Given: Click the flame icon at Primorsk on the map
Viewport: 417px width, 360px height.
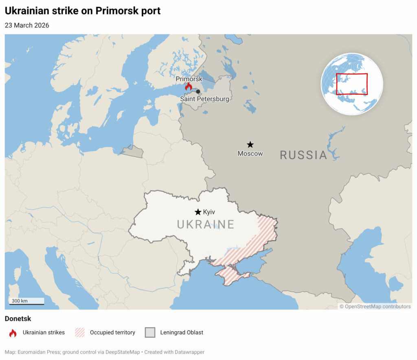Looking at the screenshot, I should (188, 87).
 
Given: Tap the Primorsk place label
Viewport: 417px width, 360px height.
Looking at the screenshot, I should (189, 79).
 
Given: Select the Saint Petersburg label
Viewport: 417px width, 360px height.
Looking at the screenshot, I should (204, 99).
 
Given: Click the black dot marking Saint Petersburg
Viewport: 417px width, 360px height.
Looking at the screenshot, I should (198, 92).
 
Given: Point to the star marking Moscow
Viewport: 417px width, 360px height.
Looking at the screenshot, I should (250, 145).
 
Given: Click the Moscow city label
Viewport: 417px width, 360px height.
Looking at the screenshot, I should (250, 154).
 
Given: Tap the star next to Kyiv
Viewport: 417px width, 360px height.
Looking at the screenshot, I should (198, 212).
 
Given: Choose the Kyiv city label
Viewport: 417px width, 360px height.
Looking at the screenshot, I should (209, 212).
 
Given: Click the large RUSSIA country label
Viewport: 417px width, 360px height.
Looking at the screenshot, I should (303, 155).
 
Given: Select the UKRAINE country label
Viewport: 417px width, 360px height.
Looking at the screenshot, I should (206, 224).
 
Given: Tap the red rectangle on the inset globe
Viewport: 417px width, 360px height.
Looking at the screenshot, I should (352, 84).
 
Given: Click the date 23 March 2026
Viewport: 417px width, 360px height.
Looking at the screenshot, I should (27, 25).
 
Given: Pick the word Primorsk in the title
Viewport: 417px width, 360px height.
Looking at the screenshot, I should (116, 11).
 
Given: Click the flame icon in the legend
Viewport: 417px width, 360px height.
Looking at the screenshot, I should (13, 333).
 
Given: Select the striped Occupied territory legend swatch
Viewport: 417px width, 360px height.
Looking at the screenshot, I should (80, 333).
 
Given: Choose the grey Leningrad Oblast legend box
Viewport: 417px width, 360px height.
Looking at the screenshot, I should (150, 333).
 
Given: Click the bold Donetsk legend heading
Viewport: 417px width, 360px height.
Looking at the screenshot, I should (18, 318).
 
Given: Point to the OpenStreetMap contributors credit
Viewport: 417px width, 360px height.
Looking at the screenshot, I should (375, 307).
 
